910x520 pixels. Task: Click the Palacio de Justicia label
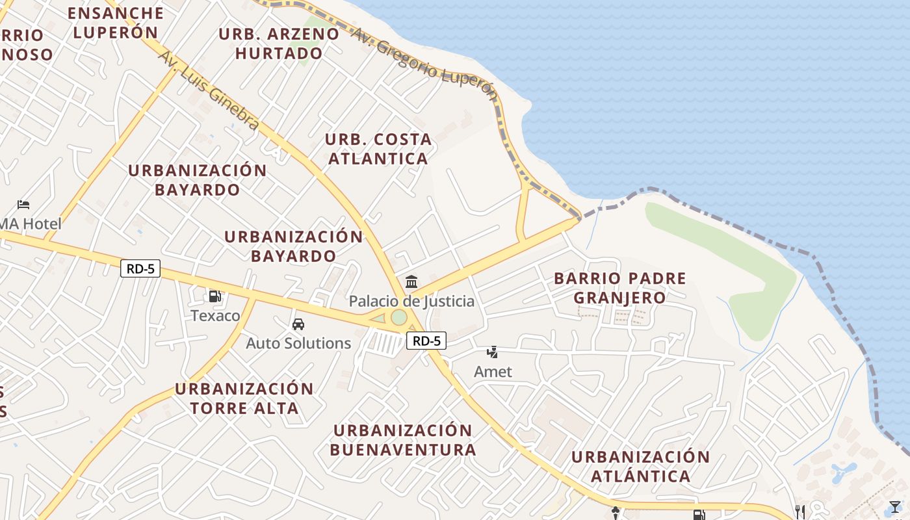[411, 302]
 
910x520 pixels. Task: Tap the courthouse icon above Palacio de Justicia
[411, 282]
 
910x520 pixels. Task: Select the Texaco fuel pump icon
[214, 296]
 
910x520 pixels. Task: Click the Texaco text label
[215, 316]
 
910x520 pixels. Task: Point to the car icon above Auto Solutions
[298, 324]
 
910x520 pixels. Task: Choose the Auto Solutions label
[298, 343]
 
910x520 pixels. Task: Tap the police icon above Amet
[493, 352]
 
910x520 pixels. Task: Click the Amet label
[493, 372]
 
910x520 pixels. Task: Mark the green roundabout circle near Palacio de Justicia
[398, 317]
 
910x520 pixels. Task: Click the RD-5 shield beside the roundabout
[426, 341]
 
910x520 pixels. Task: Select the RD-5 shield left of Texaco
[140, 268]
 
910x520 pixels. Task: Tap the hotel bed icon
[23, 205]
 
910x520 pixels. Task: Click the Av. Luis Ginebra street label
[209, 90]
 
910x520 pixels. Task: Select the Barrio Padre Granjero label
[619, 288]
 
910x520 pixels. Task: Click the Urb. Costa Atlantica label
[378, 149]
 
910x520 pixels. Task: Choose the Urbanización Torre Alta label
[244, 398]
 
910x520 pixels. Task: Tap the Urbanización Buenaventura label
[403, 440]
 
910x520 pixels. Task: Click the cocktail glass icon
[895, 507]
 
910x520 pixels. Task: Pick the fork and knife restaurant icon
[800, 512]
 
